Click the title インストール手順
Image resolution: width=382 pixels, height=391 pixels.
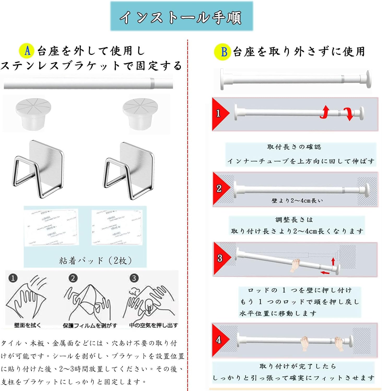click(x=181, y=17)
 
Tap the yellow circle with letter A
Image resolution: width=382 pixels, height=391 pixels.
click(x=27, y=51)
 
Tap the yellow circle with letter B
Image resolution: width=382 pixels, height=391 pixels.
click(x=222, y=52)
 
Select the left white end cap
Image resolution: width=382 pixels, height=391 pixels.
click(x=33, y=113)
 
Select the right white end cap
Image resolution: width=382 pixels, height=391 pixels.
click(x=140, y=113)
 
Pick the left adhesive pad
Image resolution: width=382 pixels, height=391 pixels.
click(x=51, y=227)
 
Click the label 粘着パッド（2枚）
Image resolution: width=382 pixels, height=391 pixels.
click(x=96, y=260)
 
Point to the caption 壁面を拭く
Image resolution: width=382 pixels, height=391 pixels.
click(x=27, y=325)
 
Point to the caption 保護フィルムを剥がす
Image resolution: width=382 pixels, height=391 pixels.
click(x=90, y=325)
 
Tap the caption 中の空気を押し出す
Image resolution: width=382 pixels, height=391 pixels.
click(x=154, y=325)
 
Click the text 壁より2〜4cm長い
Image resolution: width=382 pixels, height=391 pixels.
click(x=297, y=200)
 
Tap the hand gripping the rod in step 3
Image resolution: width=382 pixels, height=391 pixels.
click(x=296, y=266)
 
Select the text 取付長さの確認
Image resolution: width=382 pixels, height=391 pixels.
click(x=294, y=147)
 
